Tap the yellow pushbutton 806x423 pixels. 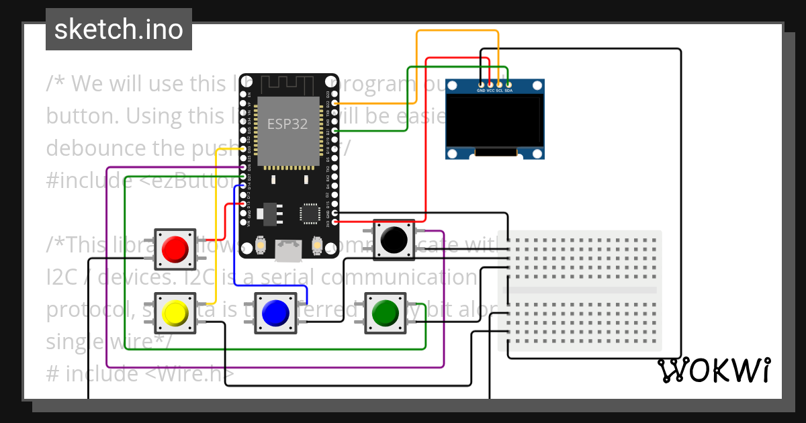pyautogui.click(x=175, y=312)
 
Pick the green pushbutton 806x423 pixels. pyautogui.click(x=385, y=312)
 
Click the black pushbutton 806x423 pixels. pyautogui.click(x=393, y=238)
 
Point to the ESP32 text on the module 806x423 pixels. pyautogui.click(x=287, y=124)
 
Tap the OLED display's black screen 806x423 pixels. pyautogui.click(x=495, y=121)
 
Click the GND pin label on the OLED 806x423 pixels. pyautogui.click(x=481, y=91)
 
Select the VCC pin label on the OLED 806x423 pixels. pyautogui.click(x=490, y=91)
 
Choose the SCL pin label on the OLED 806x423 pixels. pyautogui.click(x=499, y=91)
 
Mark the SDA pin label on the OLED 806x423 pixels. pyautogui.click(x=508, y=91)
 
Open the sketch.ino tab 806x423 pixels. pyautogui.click(x=119, y=30)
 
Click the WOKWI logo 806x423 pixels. pyautogui.click(x=713, y=371)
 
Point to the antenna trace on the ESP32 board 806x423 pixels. pyautogui.click(x=287, y=84)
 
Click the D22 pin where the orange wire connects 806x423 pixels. pyautogui.click(x=334, y=103)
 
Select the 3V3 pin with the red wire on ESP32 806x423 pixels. pyautogui.click(x=334, y=220)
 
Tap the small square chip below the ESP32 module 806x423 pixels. pyautogui.click(x=310, y=213)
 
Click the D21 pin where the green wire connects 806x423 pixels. pyautogui.click(x=334, y=130)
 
